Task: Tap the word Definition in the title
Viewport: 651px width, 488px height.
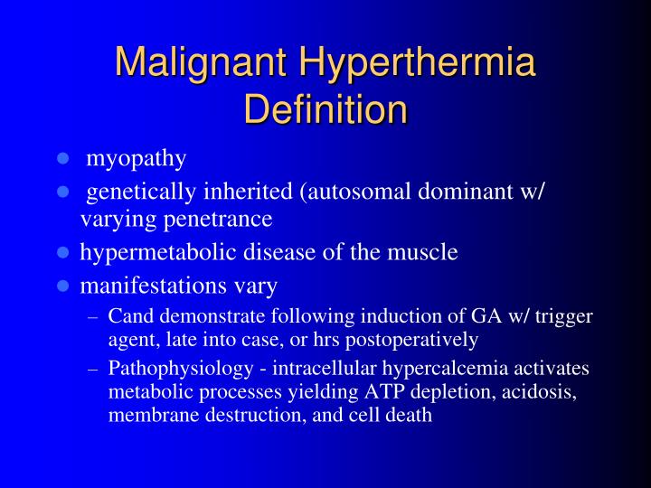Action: pos(325,109)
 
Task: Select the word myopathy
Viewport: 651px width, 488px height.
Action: pos(137,159)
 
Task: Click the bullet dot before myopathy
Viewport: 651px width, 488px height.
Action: pos(63,159)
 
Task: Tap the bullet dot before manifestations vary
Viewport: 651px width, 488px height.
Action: pos(63,286)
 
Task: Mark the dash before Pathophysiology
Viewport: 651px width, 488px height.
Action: pos(94,369)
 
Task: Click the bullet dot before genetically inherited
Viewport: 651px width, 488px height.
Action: pos(63,192)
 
